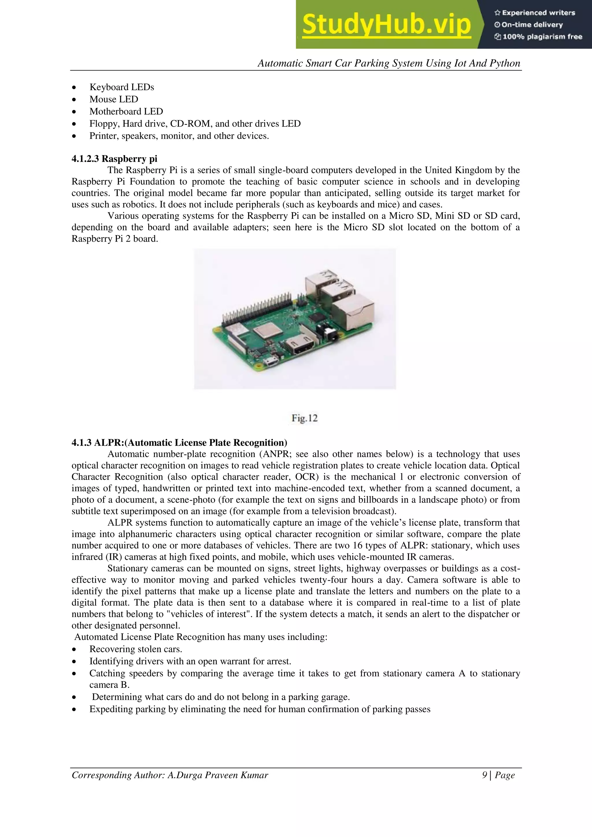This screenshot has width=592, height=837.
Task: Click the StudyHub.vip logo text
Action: pyautogui.click(x=386, y=25)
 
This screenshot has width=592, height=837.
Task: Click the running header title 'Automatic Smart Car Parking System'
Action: pyautogui.click(x=388, y=63)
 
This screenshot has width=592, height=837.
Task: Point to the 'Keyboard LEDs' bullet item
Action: pyautogui.click(x=122, y=87)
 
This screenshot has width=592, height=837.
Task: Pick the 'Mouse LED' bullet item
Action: pyautogui.click(x=114, y=99)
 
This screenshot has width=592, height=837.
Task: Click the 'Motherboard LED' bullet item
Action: pyautogui.click(x=126, y=112)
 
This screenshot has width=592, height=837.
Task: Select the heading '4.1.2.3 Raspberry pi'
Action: pyautogui.click(x=114, y=159)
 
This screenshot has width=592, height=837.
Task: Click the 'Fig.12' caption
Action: pyautogui.click(x=304, y=418)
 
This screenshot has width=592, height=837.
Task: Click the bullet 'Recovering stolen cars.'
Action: pyautogui.click(x=136, y=649)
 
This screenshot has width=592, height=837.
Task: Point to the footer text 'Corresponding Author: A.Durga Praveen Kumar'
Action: pyautogui.click(x=170, y=775)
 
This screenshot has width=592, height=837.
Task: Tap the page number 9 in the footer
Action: pyautogui.click(x=484, y=775)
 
